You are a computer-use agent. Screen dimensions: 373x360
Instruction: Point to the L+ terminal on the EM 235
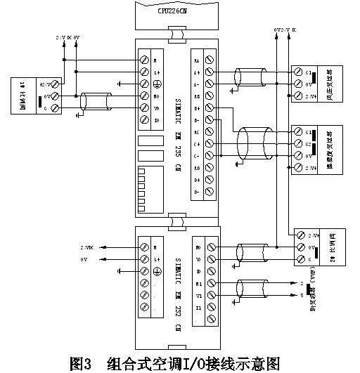tap(144, 72)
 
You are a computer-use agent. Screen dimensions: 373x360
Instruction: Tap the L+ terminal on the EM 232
tap(144, 259)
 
